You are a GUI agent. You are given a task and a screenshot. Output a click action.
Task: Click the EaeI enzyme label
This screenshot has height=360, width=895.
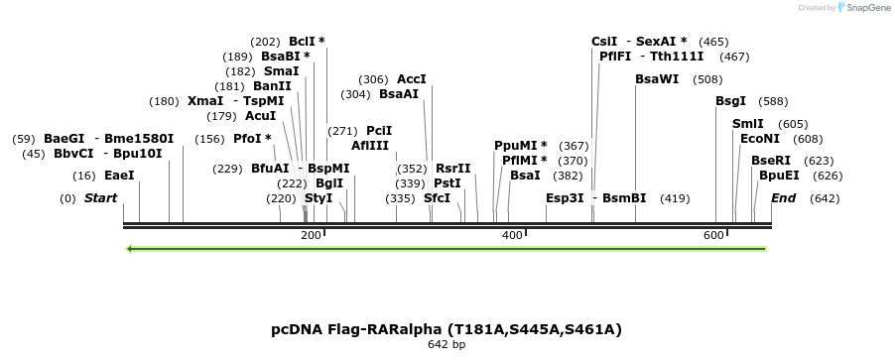[119, 176]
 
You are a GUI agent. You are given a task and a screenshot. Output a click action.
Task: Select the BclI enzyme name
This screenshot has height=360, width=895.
[303, 42]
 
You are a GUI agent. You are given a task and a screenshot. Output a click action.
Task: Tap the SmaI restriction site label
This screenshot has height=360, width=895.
[281, 71]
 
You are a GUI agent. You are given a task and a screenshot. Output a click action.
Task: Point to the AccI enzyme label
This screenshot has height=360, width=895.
[411, 79]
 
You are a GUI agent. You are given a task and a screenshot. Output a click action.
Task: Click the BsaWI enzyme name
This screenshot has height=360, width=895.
[657, 79]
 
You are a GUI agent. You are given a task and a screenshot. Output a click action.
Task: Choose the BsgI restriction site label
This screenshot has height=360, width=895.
[730, 101]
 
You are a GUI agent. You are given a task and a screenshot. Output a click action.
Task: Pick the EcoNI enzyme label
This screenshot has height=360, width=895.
[759, 139]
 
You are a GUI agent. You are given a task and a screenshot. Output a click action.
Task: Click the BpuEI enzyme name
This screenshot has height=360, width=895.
[778, 176]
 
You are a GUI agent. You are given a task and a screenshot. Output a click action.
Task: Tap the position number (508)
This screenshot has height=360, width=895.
[707, 79]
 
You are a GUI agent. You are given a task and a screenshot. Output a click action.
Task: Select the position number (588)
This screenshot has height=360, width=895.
[773, 101]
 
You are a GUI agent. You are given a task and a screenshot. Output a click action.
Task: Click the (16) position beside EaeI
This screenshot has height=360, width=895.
[84, 176]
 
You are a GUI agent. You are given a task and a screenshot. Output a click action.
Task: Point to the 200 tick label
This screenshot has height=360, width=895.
[311, 235]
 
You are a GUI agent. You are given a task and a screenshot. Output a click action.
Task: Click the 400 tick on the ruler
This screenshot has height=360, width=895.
[512, 235]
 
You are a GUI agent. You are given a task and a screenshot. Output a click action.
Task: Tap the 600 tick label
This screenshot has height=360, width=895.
[713, 235]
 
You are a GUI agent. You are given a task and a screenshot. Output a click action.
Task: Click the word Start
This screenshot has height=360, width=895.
[100, 198]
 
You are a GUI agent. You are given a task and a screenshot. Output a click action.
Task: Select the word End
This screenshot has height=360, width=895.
[783, 198]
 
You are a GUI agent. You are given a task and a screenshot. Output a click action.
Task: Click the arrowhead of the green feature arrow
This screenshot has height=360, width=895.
[130, 248]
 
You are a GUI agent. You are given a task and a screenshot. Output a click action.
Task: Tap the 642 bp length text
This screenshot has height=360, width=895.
[447, 345]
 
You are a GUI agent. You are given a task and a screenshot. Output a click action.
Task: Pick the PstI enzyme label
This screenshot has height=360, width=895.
[447, 183]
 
